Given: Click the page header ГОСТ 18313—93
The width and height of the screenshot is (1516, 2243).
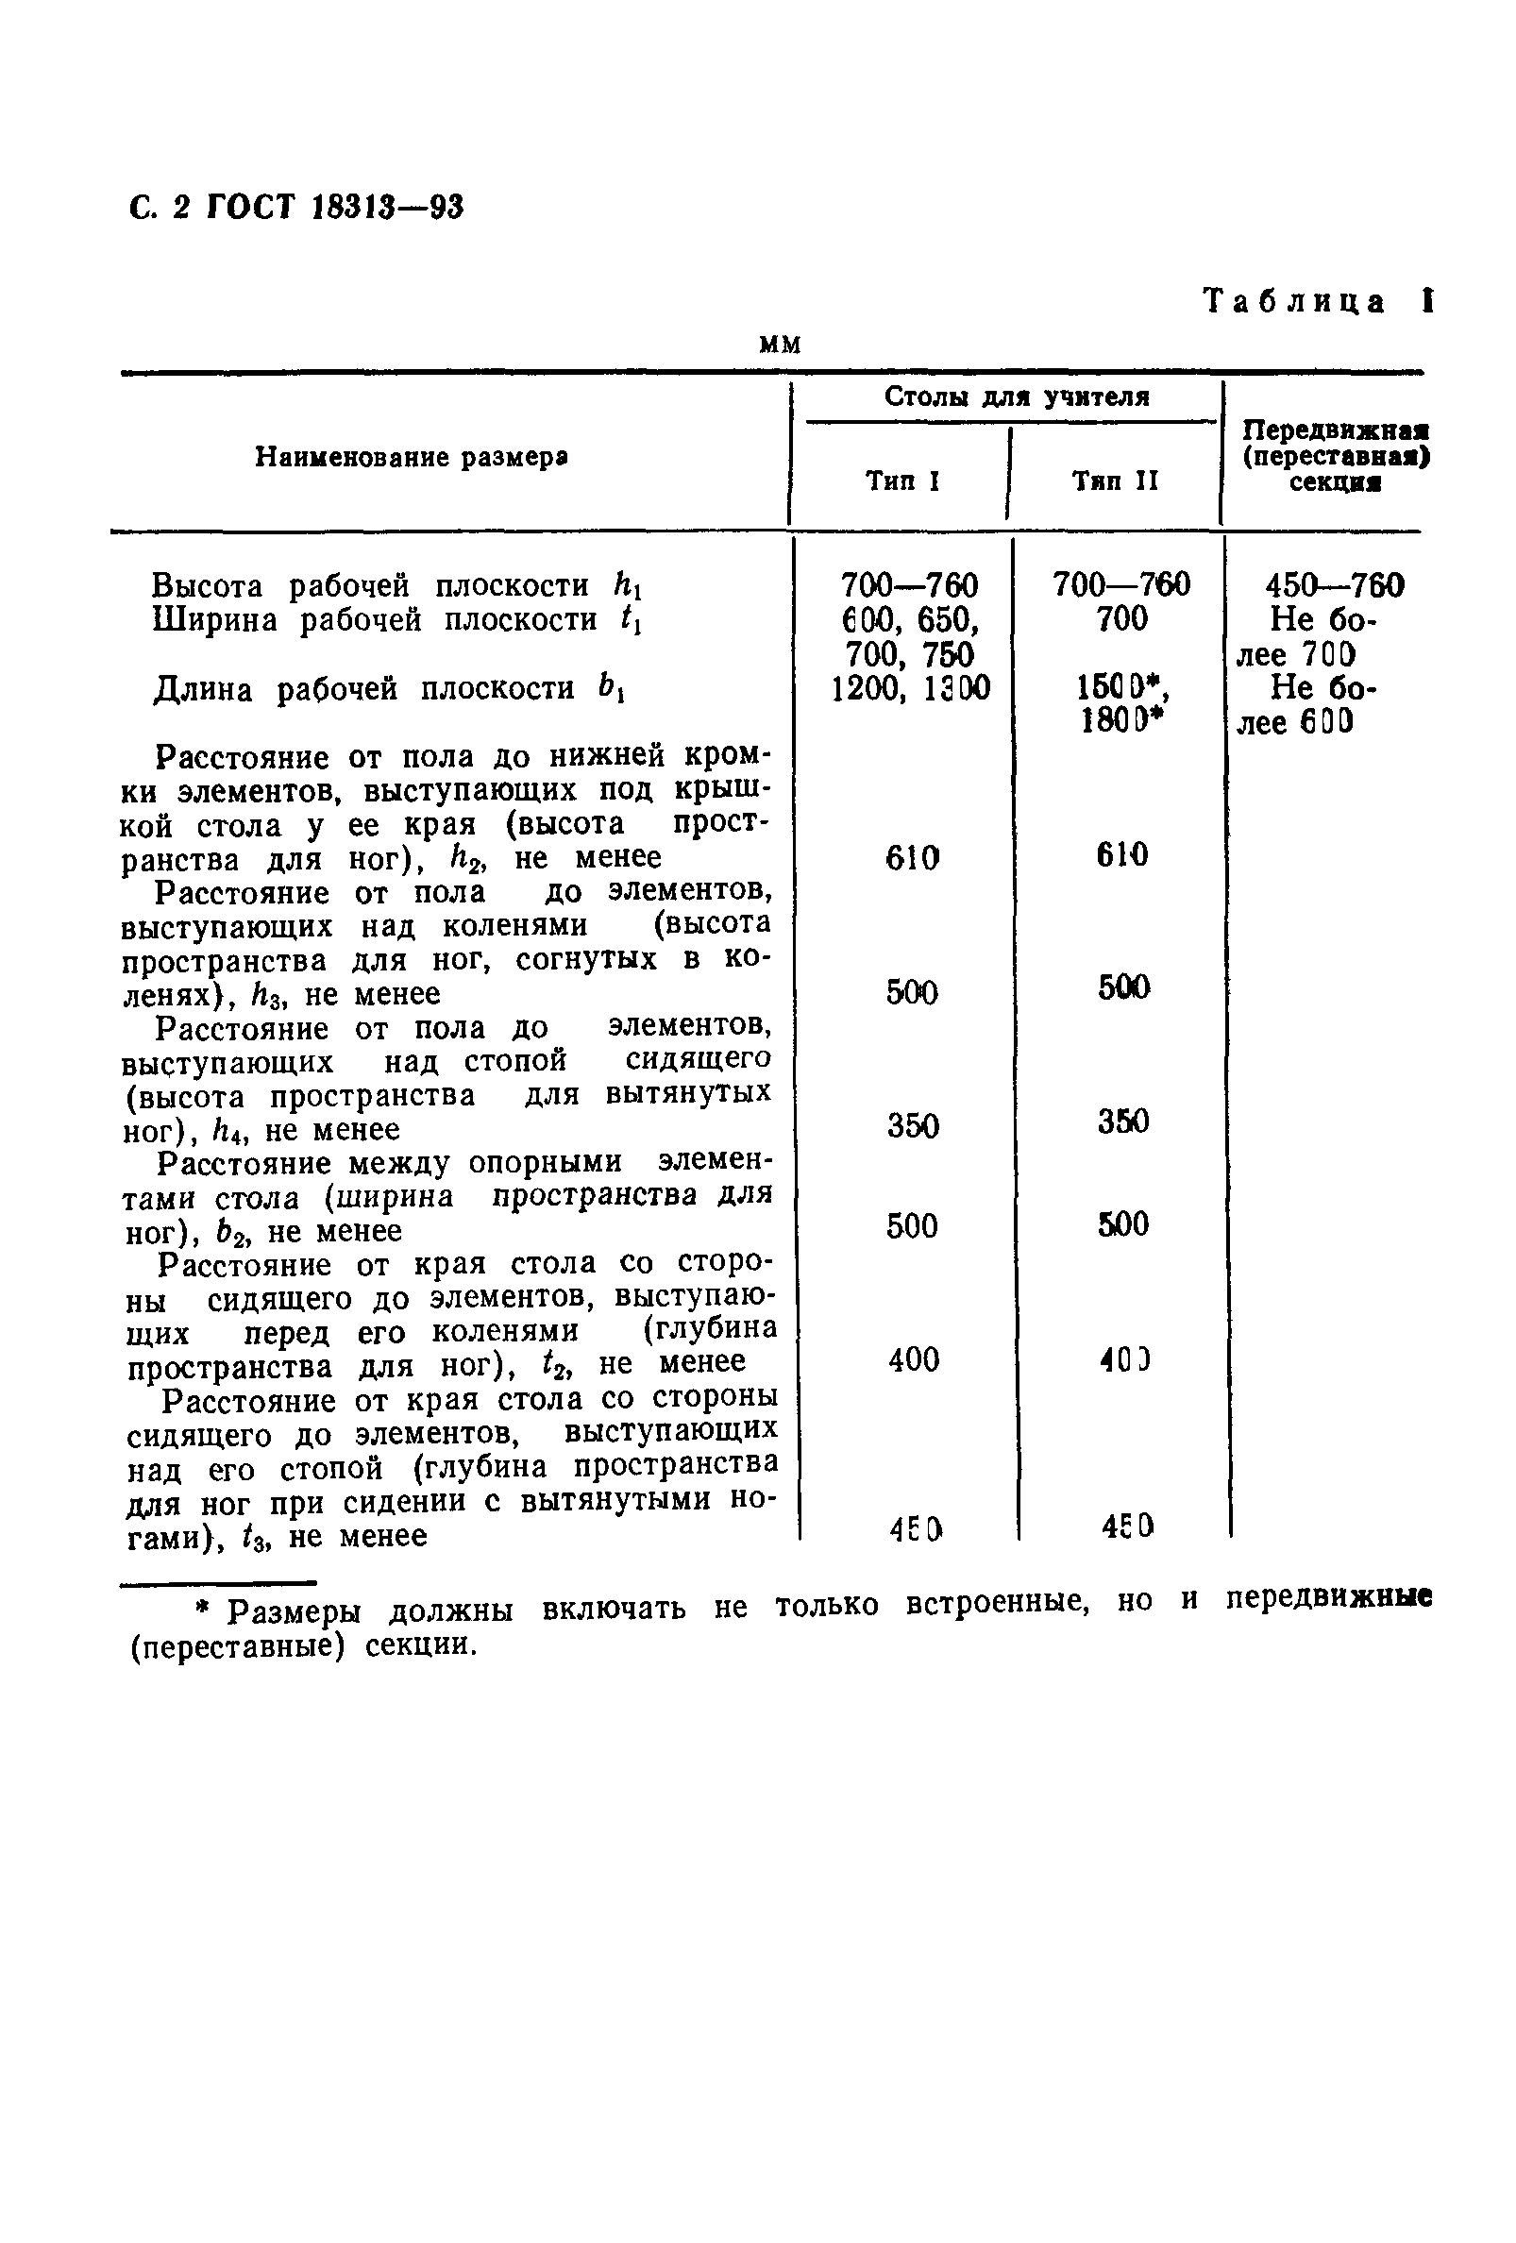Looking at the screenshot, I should [x=296, y=208].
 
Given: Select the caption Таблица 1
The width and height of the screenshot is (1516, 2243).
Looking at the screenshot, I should [x=1317, y=302].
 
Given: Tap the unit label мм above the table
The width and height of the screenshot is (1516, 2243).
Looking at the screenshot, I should [x=780, y=346].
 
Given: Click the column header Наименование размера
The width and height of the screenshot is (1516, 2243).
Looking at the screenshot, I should [x=411, y=457].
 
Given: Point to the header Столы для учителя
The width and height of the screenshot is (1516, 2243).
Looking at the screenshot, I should [x=1017, y=396].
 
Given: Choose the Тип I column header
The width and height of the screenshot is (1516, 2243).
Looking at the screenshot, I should [x=902, y=481].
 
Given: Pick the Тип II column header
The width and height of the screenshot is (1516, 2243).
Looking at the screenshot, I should [x=1115, y=481].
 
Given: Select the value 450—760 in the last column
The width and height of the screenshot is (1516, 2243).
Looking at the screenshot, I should [x=1335, y=585].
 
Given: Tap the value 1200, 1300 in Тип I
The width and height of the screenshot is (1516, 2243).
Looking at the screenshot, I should [x=910, y=688].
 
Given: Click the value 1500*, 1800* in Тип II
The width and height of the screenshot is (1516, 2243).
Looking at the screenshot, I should [x=1120, y=704].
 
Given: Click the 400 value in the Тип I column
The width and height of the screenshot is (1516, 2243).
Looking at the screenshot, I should [x=913, y=1360].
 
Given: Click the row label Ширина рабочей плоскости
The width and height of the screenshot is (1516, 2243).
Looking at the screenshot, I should [x=396, y=619].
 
